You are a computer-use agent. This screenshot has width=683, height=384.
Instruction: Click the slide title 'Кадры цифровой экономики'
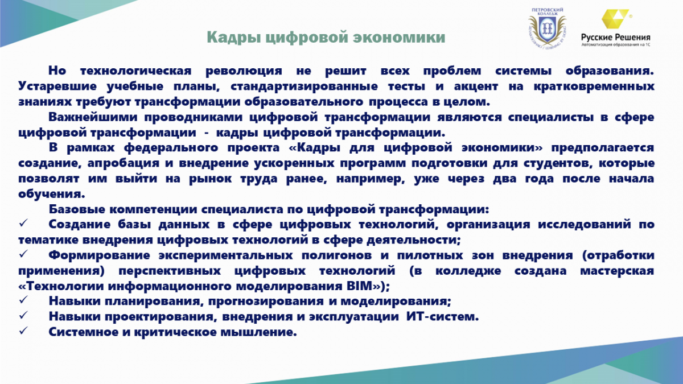coord(326,37)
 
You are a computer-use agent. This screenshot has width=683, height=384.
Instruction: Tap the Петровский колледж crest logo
coord(548,28)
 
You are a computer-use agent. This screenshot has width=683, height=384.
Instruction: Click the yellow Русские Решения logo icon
coord(615,19)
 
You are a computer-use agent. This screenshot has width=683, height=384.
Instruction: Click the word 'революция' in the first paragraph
coord(244,71)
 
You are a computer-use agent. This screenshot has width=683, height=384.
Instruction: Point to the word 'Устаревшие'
coord(57,86)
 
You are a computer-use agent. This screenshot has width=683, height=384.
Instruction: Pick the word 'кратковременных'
coord(594,86)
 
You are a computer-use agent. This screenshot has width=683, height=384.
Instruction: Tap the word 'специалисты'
coord(551,117)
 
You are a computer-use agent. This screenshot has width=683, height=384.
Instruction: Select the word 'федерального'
coord(171,148)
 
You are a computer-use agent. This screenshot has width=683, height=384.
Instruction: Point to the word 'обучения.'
coord(52,194)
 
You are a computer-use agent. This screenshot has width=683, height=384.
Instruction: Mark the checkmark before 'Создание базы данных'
coord(23,223)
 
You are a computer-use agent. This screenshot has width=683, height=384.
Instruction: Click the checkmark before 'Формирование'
coord(23,254)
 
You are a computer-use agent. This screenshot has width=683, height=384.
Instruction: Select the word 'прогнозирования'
coord(266,302)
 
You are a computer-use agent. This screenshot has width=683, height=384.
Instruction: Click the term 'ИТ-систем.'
coord(442,317)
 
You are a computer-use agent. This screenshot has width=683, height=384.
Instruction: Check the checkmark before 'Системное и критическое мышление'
coord(23,331)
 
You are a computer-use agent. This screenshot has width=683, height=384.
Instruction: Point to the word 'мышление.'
coord(258,332)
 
